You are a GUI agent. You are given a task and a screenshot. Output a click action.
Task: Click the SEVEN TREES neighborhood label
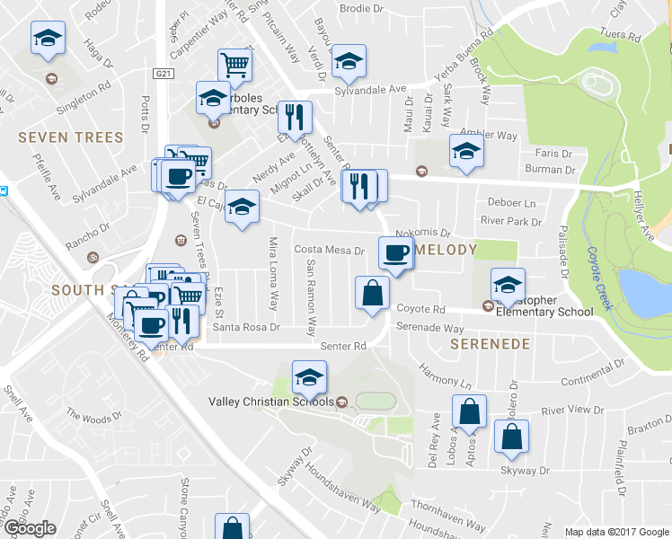70,137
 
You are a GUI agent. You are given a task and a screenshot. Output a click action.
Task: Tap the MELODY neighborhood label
443,249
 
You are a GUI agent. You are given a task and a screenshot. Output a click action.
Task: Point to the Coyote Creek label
599,278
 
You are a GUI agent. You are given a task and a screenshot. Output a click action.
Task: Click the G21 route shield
162,74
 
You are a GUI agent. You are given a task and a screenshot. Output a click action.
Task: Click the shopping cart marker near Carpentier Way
234,64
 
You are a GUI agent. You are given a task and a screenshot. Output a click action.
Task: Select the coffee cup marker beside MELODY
394,251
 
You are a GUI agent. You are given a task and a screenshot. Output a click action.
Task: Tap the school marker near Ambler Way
466,152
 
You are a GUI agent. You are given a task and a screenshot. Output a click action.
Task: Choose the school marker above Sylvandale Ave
349,60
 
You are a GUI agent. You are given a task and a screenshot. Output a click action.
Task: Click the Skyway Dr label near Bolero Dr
525,470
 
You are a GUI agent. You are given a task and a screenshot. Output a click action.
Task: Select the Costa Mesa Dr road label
329,251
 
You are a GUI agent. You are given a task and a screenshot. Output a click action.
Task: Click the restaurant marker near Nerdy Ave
294,116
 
